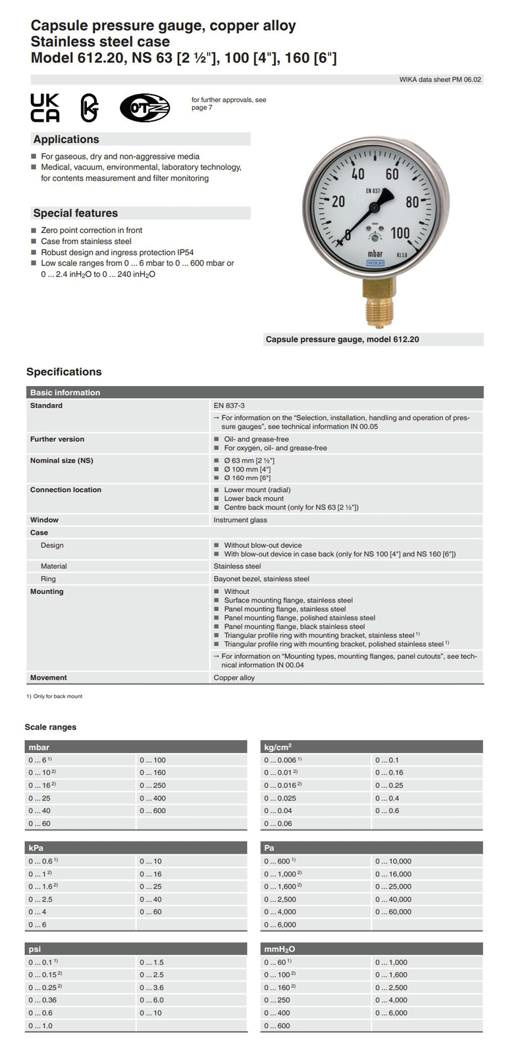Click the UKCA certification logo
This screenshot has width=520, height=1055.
pyautogui.click(x=45, y=108)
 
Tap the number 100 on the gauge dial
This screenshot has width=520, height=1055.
pyautogui.click(x=400, y=233)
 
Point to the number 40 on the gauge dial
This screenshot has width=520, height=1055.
pyautogui.click(x=357, y=174)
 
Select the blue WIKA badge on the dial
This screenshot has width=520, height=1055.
pyautogui.click(x=375, y=262)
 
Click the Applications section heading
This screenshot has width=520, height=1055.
pyautogui.click(x=66, y=139)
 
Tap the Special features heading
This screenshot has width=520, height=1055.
pyautogui.click(x=76, y=213)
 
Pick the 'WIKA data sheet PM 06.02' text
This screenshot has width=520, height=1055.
pyautogui.click(x=440, y=80)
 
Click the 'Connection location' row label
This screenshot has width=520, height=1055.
pyautogui.click(x=66, y=490)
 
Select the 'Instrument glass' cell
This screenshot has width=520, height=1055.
pyautogui.click(x=240, y=520)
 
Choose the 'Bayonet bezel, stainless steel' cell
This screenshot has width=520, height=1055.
pyautogui.click(x=261, y=579)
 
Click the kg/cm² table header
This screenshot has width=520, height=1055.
pyautogui.click(x=278, y=747)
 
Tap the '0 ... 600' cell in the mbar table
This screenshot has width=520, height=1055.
pyautogui.click(x=153, y=811)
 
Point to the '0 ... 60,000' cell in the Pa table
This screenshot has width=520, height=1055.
pyautogui.click(x=393, y=912)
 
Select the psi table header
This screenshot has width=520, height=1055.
pyautogui.click(x=35, y=949)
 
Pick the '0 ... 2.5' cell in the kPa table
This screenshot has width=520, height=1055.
pyautogui.click(x=40, y=900)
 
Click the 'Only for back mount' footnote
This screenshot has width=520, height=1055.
pyautogui.click(x=58, y=696)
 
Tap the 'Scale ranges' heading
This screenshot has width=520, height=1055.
pyautogui.click(x=51, y=727)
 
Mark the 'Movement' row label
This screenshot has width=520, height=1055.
pyautogui.click(x=49, y=677)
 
